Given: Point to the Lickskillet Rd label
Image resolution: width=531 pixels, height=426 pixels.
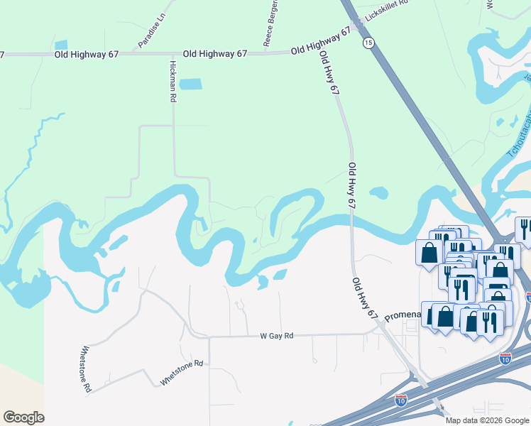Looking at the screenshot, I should [388, 6].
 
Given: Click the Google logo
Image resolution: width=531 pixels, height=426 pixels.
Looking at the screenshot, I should [23, 417].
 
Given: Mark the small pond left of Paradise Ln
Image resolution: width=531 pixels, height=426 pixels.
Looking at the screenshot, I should [61, 45].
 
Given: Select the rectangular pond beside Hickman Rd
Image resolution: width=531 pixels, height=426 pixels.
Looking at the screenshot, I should [190, 84].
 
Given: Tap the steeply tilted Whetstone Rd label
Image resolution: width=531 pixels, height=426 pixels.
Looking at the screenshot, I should [85, 368].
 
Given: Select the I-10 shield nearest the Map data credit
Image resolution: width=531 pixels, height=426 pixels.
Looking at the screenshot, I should [400, 400].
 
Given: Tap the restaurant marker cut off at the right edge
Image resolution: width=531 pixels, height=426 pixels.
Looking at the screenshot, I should [524, 231].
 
